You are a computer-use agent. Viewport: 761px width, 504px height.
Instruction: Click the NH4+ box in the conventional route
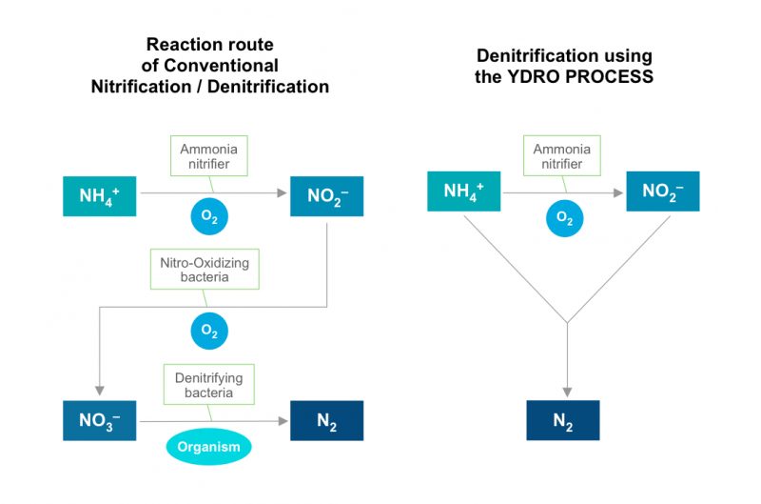point(100,195)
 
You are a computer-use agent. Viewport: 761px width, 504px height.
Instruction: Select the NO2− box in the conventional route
point(326,195)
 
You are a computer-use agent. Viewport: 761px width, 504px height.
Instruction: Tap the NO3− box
point(100,420)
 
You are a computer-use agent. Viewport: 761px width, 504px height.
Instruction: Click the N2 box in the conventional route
point(326,420)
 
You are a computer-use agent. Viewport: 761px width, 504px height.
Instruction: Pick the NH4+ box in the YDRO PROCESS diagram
point(463,192)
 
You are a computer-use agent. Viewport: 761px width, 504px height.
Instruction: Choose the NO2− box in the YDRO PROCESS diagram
point(662,192)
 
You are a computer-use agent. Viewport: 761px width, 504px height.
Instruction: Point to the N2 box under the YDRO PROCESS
point(563,420)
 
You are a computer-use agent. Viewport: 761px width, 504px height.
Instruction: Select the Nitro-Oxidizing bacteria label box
point(205,270)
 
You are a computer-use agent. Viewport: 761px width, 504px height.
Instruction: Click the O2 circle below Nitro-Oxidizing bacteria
point(208,330)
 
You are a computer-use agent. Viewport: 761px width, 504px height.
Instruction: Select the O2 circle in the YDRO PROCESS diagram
point(564,218)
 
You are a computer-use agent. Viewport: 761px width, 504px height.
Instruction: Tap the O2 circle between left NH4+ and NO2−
point(208,217)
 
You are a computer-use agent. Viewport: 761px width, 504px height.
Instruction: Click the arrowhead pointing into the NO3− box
point(100,393)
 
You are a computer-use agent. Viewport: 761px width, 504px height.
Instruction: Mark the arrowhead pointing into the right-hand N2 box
point(567,392)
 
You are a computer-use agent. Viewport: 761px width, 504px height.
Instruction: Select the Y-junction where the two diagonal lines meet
point(567,322)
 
